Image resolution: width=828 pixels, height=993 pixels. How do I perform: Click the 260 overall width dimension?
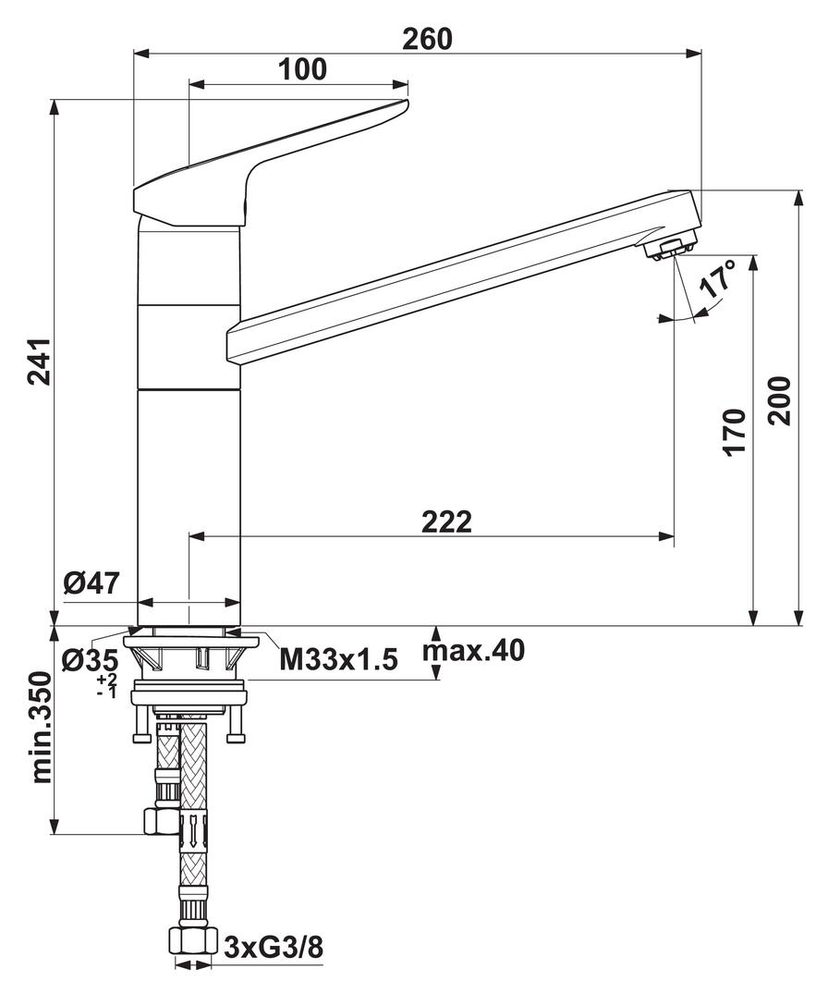[427, 39]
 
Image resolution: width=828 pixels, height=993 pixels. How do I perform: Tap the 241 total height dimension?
[38, 361]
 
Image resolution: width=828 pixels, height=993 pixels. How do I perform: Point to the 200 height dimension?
[781, 399]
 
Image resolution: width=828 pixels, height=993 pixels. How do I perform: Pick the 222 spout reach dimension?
[446, 521]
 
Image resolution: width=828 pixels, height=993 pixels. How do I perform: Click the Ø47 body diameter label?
[91, 584]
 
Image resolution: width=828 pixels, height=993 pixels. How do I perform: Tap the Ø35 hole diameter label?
[91, 660]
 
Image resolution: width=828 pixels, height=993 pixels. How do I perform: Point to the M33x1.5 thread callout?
[338, 660]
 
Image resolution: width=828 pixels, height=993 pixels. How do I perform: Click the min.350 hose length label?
[41, 729]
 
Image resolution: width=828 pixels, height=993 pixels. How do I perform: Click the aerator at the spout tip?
[667, 247]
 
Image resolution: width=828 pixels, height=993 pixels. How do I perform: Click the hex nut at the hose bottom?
[192, 941]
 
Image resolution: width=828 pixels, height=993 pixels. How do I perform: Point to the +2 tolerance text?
[106, 680]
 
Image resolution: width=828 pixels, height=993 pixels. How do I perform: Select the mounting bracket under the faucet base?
[189, 657]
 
